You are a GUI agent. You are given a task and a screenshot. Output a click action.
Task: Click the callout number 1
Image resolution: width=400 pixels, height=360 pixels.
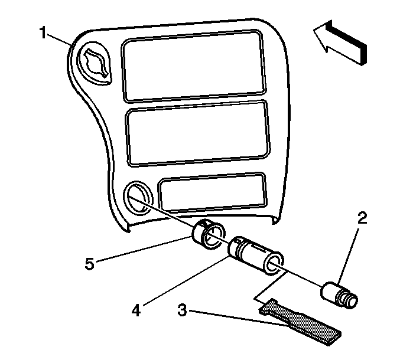point(43,33)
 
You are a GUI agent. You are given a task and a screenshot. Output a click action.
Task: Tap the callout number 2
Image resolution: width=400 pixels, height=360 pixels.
point(362,218)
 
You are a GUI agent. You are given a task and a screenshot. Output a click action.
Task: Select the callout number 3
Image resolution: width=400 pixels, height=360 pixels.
point(182,310)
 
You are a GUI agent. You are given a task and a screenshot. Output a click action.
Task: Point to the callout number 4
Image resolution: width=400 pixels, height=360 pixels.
point(136,310)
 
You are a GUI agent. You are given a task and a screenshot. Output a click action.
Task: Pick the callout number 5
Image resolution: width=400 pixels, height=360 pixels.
point(90,263)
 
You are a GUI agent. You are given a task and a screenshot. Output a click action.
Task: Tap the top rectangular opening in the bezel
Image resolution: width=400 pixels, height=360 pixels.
point(193,66)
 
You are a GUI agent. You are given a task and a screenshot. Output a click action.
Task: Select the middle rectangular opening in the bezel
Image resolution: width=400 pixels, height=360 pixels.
point(198,134)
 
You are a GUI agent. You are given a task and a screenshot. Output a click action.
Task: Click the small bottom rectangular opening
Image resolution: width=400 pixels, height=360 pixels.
point(212,193)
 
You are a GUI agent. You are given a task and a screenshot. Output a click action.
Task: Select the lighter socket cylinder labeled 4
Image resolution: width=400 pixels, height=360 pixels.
point(256,256)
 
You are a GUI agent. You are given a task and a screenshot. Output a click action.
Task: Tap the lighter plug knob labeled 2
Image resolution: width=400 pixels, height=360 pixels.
point(339,295)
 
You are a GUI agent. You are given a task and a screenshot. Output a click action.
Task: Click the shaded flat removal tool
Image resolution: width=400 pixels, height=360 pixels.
point(300,322)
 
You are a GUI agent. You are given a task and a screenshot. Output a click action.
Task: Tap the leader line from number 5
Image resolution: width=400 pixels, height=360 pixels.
point(144,249)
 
